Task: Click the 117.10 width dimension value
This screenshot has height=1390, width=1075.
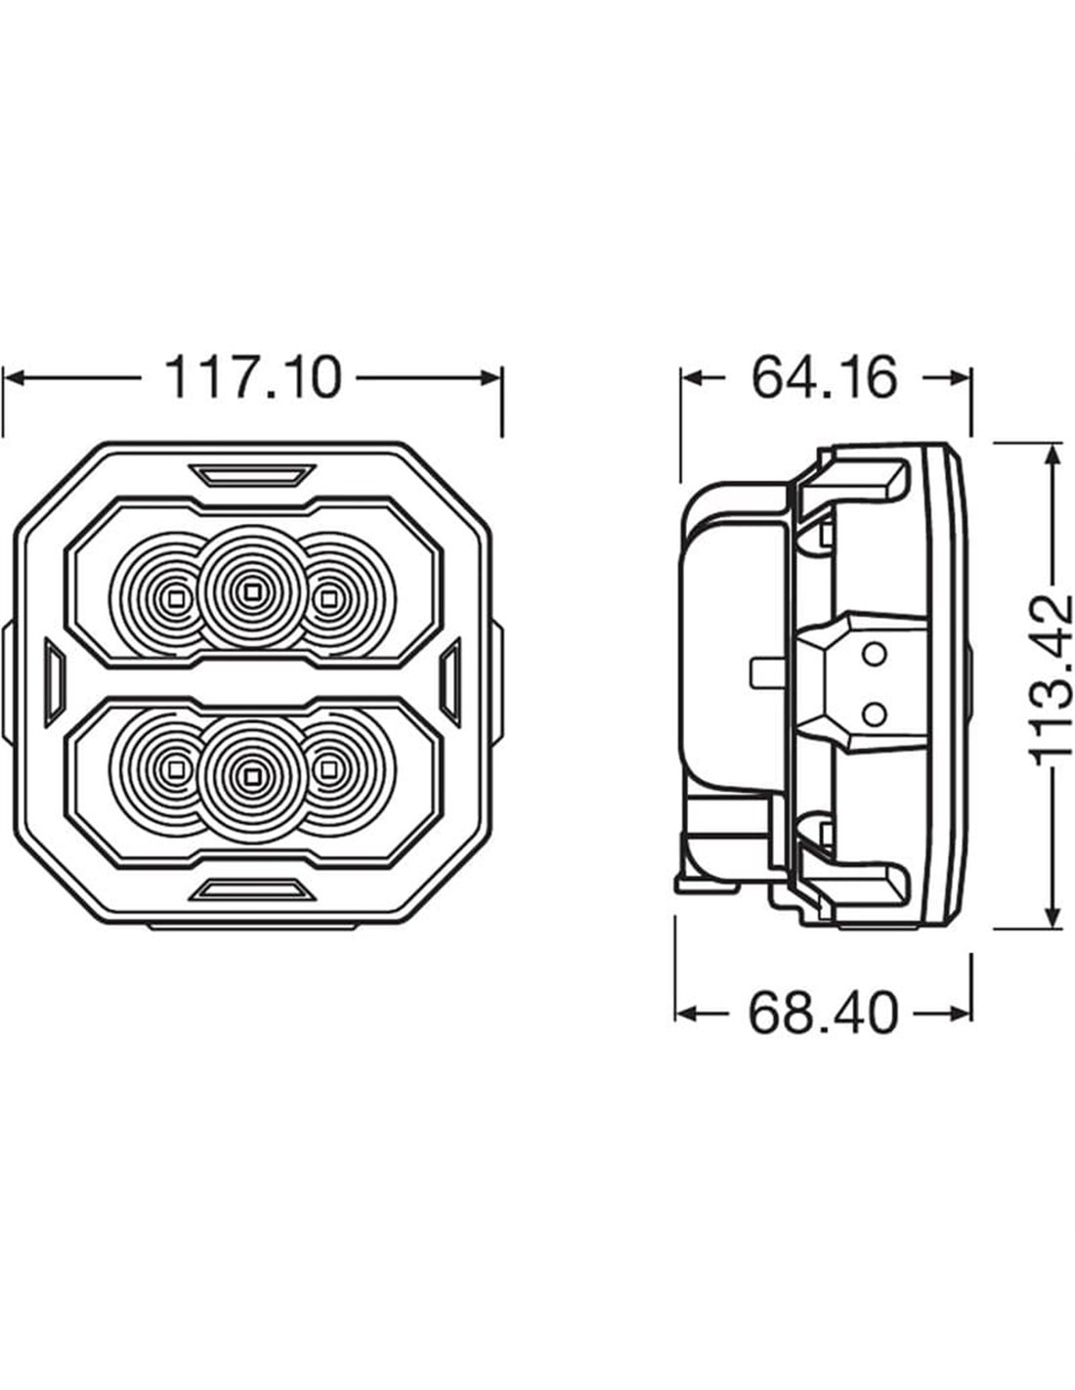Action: coord(253,378)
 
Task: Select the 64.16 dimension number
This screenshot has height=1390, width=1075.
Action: coord(824,378)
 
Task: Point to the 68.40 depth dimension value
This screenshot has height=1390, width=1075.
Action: coord(823,1014)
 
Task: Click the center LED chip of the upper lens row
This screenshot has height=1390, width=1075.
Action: coord(252,592)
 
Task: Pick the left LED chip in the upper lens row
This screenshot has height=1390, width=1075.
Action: coord(177,599)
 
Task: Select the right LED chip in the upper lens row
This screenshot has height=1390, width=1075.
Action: coord(328,599)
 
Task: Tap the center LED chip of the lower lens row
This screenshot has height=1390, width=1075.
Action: coord(252,776)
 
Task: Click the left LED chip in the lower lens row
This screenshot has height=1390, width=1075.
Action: coord(177,768)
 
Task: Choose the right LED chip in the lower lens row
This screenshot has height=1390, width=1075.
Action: coord(328,768)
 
